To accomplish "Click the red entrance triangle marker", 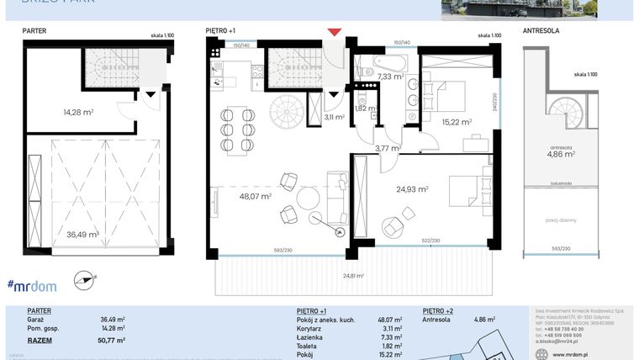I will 335,33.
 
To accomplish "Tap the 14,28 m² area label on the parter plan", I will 77,111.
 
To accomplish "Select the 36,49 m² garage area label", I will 83,235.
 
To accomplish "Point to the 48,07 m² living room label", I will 255,196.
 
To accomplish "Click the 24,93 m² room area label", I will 412,189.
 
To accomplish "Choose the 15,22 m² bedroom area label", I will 457,121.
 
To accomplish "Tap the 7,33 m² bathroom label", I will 390,77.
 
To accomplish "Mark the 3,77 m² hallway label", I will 387,148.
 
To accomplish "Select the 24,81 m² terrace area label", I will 353,275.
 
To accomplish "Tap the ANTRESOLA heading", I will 541,30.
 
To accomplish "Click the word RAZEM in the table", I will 40,340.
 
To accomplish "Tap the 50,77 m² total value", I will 112,340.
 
